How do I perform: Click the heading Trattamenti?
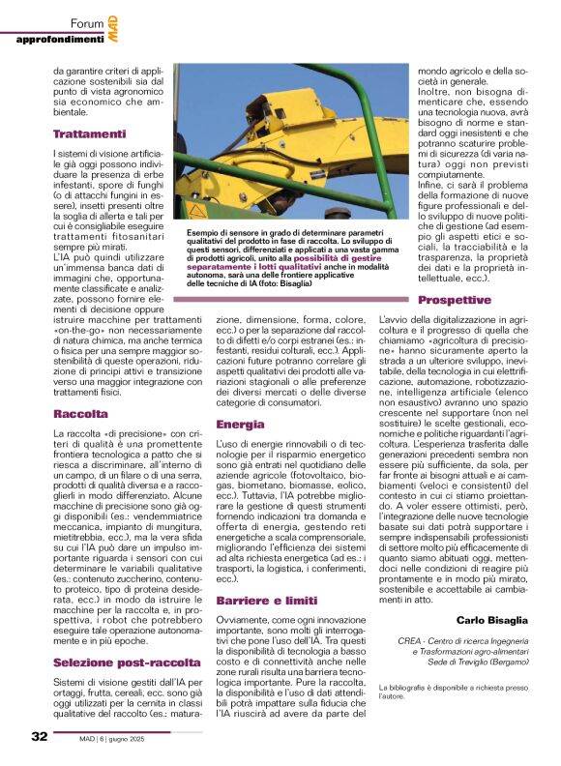tap(90, 133)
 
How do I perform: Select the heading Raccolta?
tap(79, 414)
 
